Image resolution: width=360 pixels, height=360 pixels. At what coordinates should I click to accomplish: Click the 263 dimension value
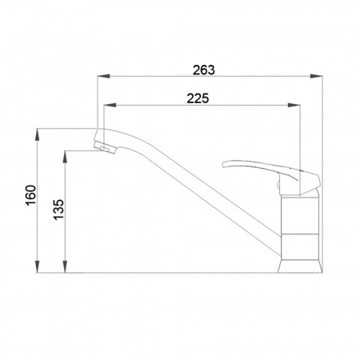click(204, 70)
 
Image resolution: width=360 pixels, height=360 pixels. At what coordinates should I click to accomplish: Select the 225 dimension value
click(198, 98)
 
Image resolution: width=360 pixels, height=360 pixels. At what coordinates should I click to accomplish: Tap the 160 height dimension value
click(31, 195)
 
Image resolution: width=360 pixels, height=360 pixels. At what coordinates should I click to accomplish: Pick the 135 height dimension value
click(59, 210)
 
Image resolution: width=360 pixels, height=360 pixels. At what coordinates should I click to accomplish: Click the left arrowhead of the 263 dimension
click(104, 76)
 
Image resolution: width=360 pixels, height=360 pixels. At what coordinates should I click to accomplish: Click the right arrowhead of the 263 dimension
click(316, 76)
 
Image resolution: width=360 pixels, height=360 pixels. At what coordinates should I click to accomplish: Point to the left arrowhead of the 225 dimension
click(110, 106)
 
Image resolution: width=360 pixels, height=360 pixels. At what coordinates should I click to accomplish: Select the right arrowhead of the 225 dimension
click(294, 106)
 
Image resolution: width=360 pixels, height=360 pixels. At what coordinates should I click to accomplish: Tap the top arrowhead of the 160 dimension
click(38, 135)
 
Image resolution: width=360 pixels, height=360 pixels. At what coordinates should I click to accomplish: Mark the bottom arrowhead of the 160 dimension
click(38, 266)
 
